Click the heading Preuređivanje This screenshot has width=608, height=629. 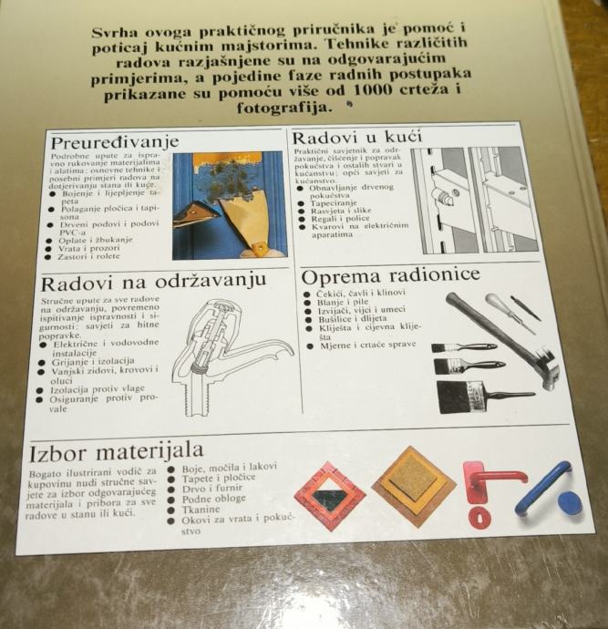pos(115,143)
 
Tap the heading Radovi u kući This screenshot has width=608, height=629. pos(357,137)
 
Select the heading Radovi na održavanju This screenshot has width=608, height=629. pos(154,282)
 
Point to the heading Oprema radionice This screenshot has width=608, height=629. pos(390,276)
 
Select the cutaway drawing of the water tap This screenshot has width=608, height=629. pos(232,358)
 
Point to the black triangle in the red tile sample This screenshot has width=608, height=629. pos(331,497)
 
